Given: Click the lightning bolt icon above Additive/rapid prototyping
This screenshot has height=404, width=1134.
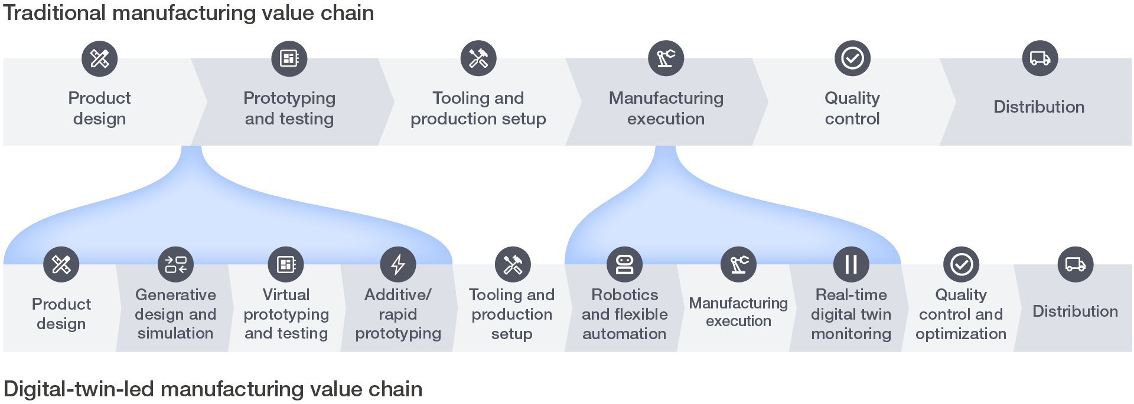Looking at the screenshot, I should pyautogui.click(x=398, y=264).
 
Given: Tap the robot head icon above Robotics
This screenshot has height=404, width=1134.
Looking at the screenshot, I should pyautogui.click(x=624, y=264).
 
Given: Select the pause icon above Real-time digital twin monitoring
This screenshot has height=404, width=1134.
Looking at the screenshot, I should pyautogui.click(x=851, y=264).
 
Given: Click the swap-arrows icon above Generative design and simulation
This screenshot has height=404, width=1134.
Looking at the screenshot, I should pyautogui.click(x=175, y=264).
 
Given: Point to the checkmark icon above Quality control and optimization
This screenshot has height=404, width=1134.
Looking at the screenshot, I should pyautogui.click(x=961, y=264).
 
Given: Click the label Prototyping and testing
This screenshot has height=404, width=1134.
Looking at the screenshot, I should pyautogui.click(x=289, y=108).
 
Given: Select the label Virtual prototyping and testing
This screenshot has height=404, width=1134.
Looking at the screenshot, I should pyautogui.click(x=286, y=314).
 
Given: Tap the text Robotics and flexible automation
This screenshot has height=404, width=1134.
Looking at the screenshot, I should pyautogui.click(x=624, y=314).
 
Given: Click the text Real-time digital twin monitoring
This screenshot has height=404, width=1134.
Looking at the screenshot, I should pyautogui.click(x=851, y=314).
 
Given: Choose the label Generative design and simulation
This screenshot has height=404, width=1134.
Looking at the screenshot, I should pyautogui.click(x=175, y=314).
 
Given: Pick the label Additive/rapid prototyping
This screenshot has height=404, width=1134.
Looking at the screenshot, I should pyautogui.click(x=398, y=314).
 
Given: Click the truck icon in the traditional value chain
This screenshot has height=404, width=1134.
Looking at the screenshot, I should pyautogui.click(x=1039, y=58).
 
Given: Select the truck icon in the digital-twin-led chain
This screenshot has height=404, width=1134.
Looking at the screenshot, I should pyautogui.click(x=1075, y=264).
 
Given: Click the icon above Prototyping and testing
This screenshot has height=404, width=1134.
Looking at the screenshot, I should pyautogui.click(x=289, y=58).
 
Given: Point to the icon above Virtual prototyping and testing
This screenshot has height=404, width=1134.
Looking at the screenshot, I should pyautogui.click(x=286, y=264).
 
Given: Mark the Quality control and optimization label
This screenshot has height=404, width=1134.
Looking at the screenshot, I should pyautogui.click(x=961, y=314).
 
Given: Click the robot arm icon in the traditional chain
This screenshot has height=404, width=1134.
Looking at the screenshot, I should pyautogui.click(x=666, y=58).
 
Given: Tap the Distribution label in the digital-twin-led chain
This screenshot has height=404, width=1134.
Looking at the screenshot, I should pyautogui.click(x=1075, y=311).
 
